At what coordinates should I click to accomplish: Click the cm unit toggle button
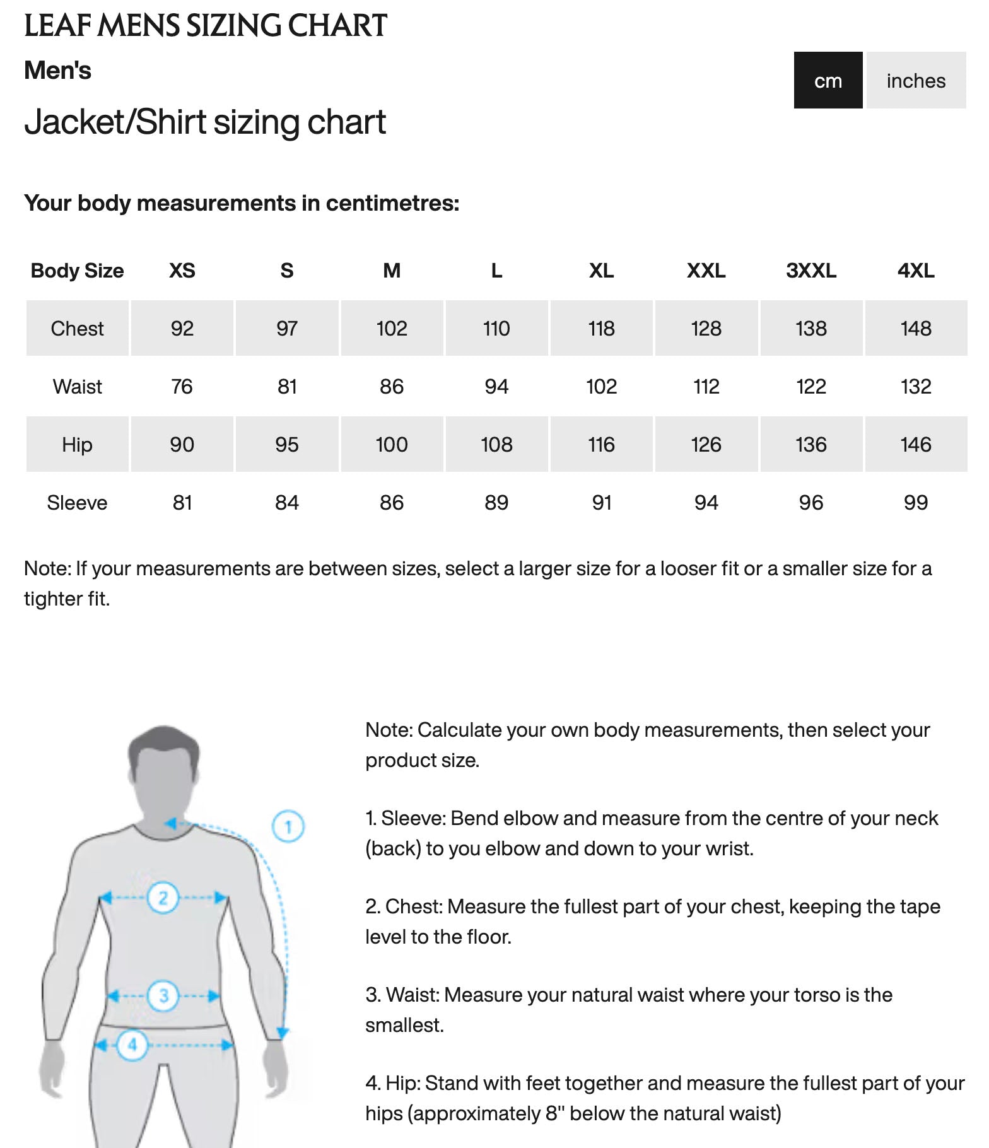tap(828, 80)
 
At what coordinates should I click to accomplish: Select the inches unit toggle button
tap(915, 80)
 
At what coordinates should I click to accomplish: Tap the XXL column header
tap(706, 271)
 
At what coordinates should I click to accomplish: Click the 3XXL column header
tap(811, 271)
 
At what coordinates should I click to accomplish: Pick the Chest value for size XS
tap(182, 328)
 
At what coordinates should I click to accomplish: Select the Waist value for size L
tap(496, 386)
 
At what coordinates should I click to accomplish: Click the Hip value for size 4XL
tap(915, 444)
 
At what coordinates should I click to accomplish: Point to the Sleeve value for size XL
tap(601, 502)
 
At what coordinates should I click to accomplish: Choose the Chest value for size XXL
tap(706, 328)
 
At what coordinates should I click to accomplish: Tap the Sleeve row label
tap(77, 502)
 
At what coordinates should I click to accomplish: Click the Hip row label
tap(77, 444)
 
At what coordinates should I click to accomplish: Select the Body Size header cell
tap(77, 271)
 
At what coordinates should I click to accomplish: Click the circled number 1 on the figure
tap(288, 826)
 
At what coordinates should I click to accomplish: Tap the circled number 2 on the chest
tap(163, 897)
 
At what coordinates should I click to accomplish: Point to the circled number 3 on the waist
tap(163, 995)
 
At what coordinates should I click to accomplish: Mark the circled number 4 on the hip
tap(132, 1045)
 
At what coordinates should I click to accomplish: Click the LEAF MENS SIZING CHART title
tap(205, 26)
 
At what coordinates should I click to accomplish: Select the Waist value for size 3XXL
tap(811, 386)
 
